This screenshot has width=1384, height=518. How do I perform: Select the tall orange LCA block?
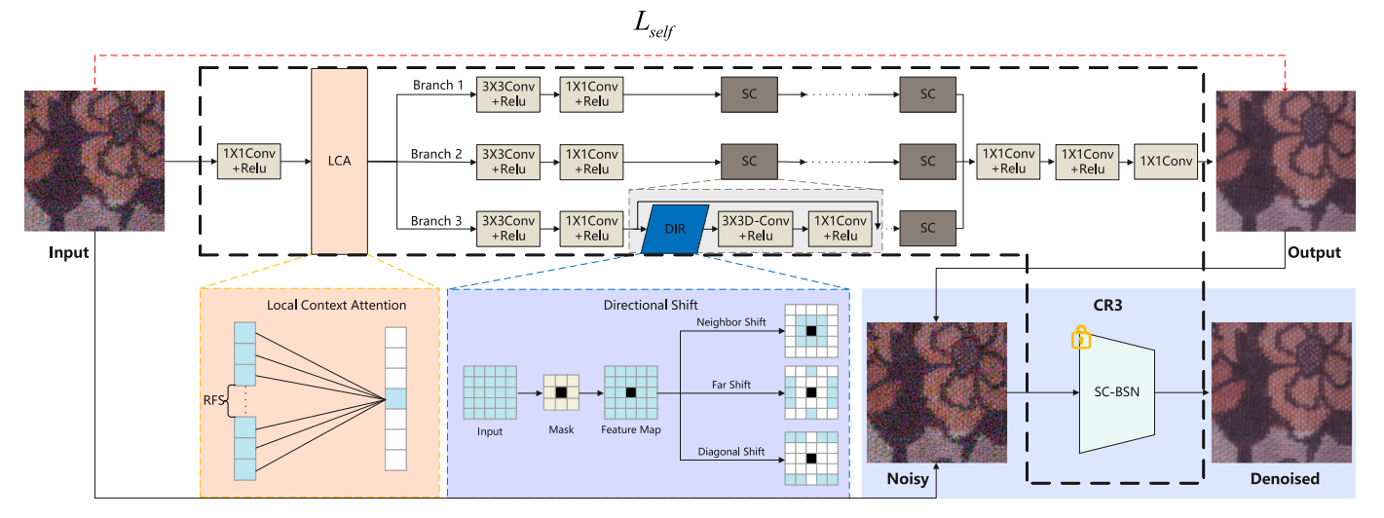coord(339,161)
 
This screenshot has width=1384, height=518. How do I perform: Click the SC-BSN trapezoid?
coord(1116,392)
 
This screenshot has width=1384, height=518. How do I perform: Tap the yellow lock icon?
coord(1080,338)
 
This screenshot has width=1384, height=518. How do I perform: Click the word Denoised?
coord(1285,478)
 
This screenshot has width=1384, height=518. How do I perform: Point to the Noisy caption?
coord(907,478)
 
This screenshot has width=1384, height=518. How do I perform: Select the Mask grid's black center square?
coord(560,392)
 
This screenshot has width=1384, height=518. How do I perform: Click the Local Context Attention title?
coord(337,306)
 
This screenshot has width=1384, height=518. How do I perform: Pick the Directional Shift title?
coord(651,306)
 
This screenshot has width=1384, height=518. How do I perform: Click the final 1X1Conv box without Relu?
coord(1160,161)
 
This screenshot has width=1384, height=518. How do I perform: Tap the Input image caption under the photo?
coord(68,252)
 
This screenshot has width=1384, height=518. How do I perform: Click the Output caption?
coord(1314,252)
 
